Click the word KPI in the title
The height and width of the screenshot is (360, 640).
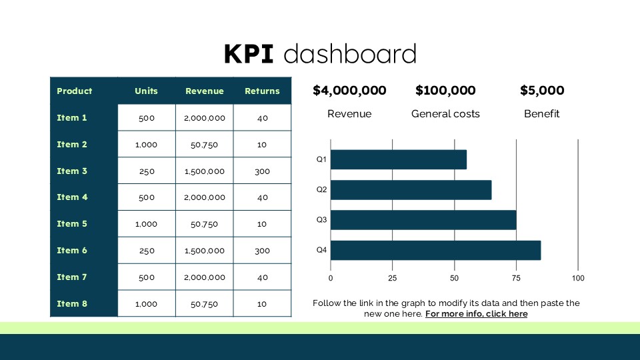pyautogui.click(x=249, y=54)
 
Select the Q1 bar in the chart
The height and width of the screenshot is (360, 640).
pyautogui.click(x=398, y=159)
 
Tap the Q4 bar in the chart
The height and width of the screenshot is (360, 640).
pyautogui.click(x=435, y=250)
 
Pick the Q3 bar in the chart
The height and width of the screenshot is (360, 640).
pyautogui.click(x=423, y=220)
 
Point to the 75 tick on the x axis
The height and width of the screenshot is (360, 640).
pyautogui.click(x=516, y=278)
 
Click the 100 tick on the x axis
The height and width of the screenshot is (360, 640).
pyautogui.click(x=578, y=278)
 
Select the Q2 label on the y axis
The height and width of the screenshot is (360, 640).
pyautogui.click(x=321, y=189)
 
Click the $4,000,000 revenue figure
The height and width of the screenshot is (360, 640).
pyautogui.click(x=349, y=91)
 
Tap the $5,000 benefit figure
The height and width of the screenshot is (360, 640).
pyautogui.click(x=542, y=91)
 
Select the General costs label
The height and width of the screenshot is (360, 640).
pyautogui.click(x=445, y=114)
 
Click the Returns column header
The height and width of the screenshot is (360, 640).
pyautogui.click(x=262, y=91)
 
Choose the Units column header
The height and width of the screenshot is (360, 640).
pyautogui.click(x=146, y=91)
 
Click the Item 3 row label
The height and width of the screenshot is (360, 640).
pyautogui.click(x=72, y=171)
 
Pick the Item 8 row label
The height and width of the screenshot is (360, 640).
pyautogui.click(x=72, y=303)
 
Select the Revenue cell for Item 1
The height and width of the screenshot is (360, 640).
pyautogui.click(x=205, y=118)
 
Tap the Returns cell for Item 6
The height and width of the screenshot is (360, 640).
pyautogui.click(x=262, y=251)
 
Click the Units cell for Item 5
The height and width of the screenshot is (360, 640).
pyautogui.click(x=146, y=224)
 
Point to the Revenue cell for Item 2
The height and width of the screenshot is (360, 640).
pyautogui.click(x=205, y=145)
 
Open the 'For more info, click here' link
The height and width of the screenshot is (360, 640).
pyautogui.click(x=476, y=314)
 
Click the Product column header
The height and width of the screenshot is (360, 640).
pyautogui.click(x=75, y=91)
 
